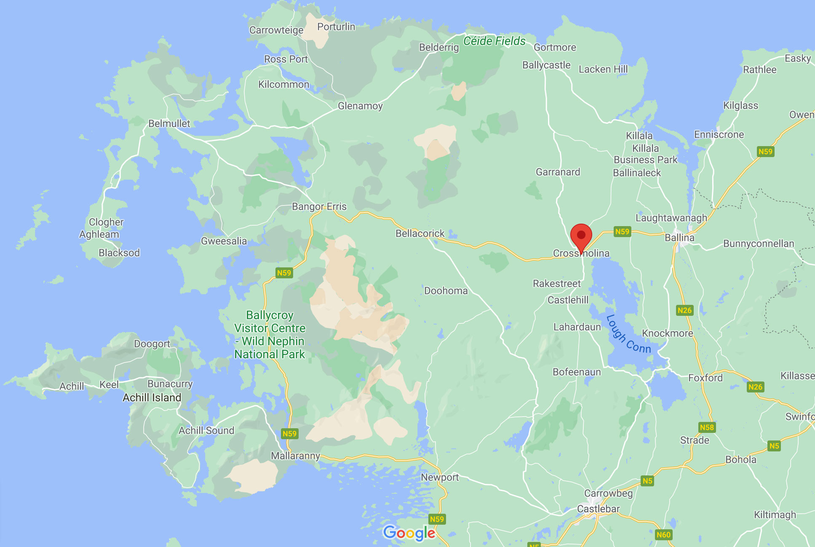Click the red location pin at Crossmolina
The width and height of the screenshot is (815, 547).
pos(581,236)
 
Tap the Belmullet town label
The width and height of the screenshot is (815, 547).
pos(169,123)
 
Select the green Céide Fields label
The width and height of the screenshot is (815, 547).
pos(494,41)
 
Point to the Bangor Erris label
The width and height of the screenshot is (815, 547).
pos(319,206)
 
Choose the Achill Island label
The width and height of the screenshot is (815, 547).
pos(152,398)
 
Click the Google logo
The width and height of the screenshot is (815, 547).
pos(409,533)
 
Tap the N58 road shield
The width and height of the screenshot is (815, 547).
pos(707,427)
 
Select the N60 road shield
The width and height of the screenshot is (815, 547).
pos(663,535)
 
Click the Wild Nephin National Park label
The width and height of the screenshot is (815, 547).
pos(270,335)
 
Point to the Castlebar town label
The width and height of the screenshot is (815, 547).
pos(598,509)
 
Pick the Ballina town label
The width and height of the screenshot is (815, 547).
pos(679,237)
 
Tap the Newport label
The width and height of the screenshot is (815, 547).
pos(440,477)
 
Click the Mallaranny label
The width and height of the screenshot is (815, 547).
pos(296,456)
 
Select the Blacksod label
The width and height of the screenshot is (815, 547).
pos(119,253)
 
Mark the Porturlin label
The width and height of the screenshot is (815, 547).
pos(336,27)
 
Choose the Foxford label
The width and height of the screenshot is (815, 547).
pos(705,378)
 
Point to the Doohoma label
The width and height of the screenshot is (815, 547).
pos(446,291)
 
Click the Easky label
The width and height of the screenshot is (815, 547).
pos(798,58)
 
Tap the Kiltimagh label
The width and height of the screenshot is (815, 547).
pos(775,515)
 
